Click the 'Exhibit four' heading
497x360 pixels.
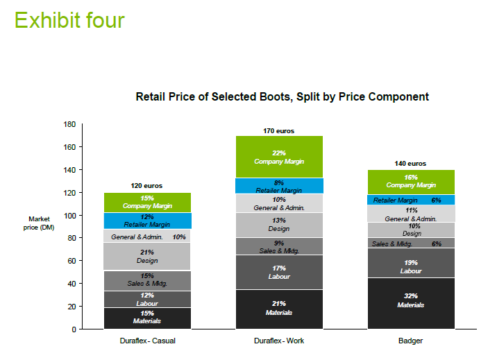tap(69, 19)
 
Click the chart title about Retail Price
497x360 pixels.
tap(282, 96)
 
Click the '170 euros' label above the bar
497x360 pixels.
tap(279, 130)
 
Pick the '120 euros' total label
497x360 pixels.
tap(146, 186)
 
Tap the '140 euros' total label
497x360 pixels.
tap(411, 164)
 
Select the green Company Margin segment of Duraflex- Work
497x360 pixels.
tap(279, 157)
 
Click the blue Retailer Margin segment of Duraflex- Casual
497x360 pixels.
tap(146, 221)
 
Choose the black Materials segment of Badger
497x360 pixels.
tap(411, 303)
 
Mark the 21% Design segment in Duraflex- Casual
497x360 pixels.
tap(146, 256)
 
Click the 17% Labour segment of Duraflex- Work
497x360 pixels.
tap(279, 272)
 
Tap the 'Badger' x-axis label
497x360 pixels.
tap(411, 341)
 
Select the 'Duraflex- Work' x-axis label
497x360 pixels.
tap(279, 341)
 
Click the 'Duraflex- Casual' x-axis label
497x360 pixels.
tap(146, 341)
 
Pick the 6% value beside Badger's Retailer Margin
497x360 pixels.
tap(436, 200)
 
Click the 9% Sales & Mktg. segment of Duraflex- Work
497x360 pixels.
tap(279, 246)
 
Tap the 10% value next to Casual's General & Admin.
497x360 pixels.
tap(179, 237)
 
